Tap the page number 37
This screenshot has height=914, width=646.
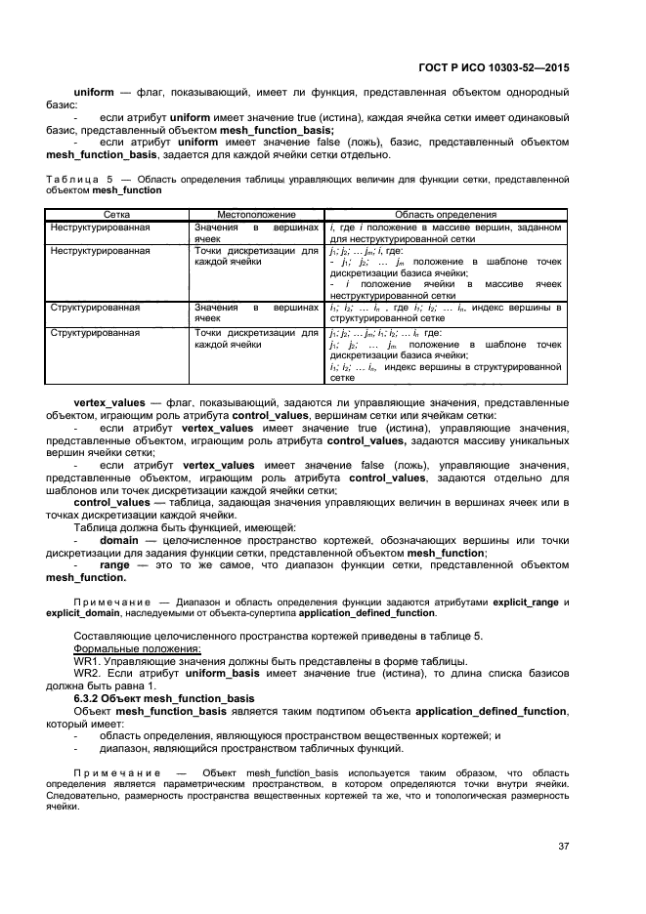coord(563,846)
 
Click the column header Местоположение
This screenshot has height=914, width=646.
coord(256,214)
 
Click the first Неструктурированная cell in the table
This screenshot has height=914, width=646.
coord(100,226)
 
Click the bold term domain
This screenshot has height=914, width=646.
coord(119,540)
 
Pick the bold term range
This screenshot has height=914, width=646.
coord(115,565)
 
